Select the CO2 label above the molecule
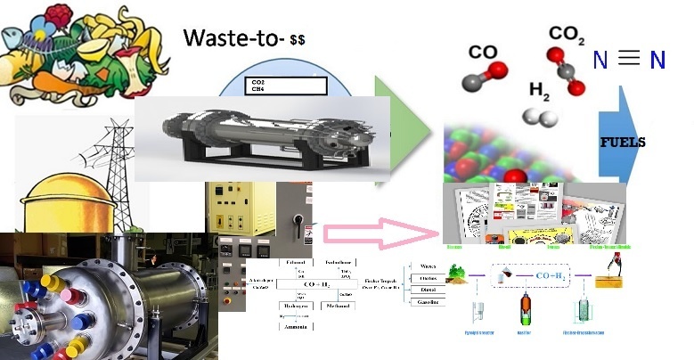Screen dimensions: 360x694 [x=567, y=35]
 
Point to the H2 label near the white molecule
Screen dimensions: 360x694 [x=539, y=90]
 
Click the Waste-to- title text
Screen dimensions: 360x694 [x=233, y=37]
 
